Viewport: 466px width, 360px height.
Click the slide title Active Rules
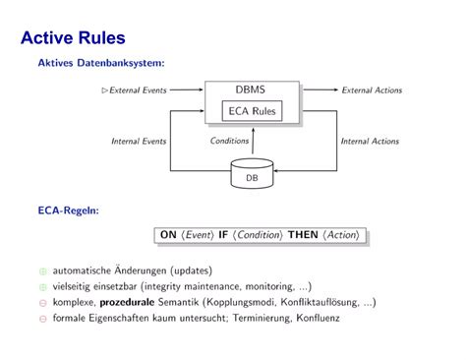click(x=72, y=39)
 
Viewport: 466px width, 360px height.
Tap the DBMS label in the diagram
click(x=250, y=90)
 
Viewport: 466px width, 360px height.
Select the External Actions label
click(x=371, y=90)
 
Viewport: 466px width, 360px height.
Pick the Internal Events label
click(x=139, y=141)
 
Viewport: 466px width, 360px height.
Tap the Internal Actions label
click(x=369, y=141)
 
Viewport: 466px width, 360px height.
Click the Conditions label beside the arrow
click(x=229, y=141)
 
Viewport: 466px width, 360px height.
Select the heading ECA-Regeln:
click(x=68, y=210)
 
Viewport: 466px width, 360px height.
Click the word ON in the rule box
click(x=168, y=235)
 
